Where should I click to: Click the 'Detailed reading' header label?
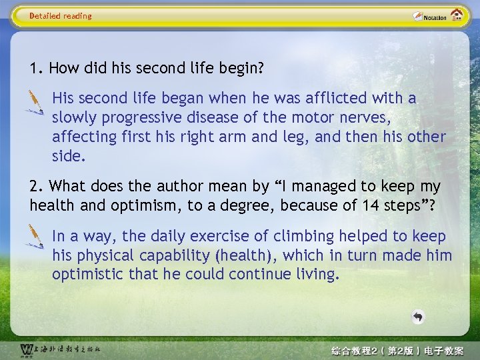61,16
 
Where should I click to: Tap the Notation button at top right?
429,16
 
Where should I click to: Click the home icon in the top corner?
457,15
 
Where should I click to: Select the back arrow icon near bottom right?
418,317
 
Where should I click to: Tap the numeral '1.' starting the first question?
37,68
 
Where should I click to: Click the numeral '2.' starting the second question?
37,187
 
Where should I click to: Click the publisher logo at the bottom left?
60,350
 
